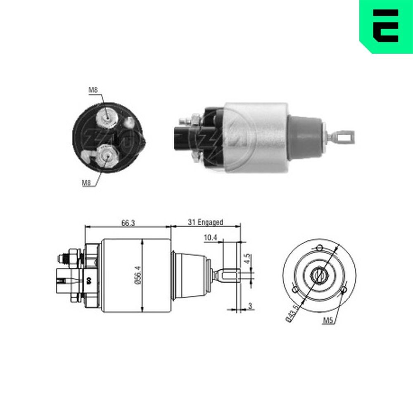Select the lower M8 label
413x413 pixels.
pos(86,182)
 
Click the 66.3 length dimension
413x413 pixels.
pos(128,223)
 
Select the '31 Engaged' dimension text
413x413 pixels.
pos(205,222)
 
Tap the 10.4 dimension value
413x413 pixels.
pos(211,238)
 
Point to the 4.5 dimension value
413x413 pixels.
pos(247,260)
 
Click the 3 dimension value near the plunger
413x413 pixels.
pos(250,306)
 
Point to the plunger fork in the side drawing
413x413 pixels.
pos(227,275)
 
